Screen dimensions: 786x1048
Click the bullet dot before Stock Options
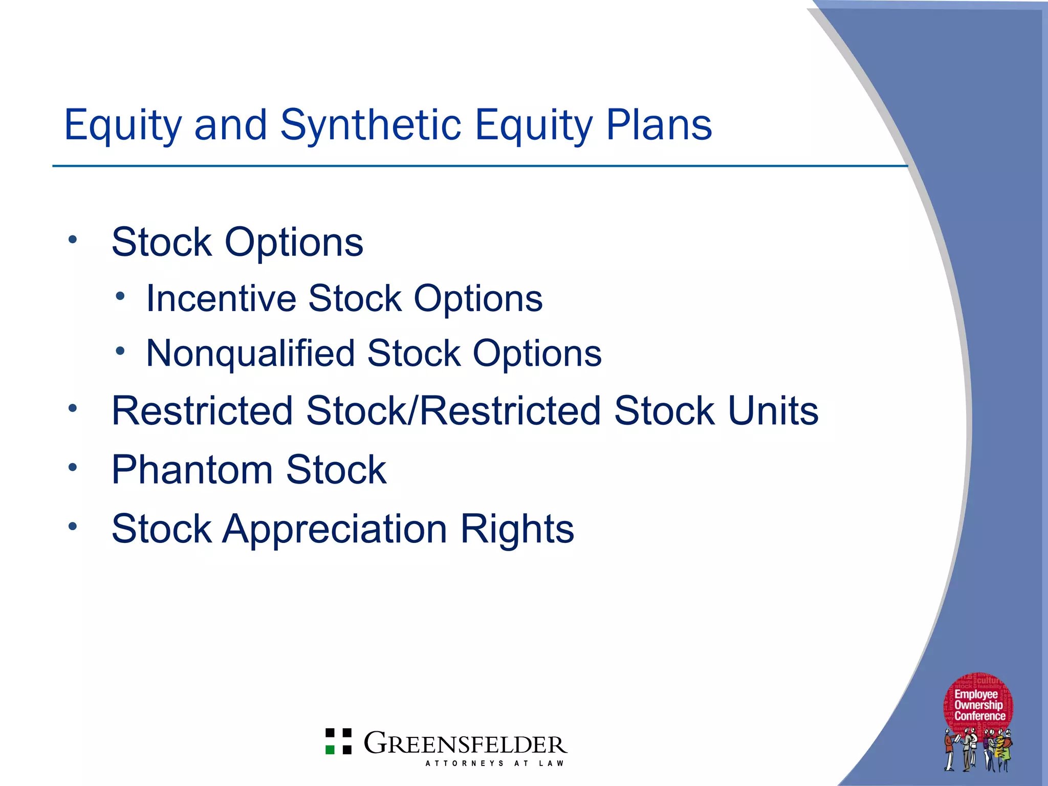pyautogui.click(x=73, y=239)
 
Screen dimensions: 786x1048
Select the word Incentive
pyautogui.click(x=221, y=298)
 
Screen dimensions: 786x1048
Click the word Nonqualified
pyautogui.click(x=251, y=354)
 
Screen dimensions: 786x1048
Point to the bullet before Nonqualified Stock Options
pyautogui.click(x=120, y=351)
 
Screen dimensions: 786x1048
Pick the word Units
pyautogui.click(x=773, y=411)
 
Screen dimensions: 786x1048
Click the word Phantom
pyautogui.click(x=192, y=470)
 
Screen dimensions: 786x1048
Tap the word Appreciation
pyautogui.click(x=335, y=529)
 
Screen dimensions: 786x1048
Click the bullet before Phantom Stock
pyautogui.click(x=73, y=467)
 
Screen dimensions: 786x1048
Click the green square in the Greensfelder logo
pyautogui.click(x=330, y=750)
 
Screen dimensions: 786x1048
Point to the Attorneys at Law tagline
pyautogui.click(x=494, y=763)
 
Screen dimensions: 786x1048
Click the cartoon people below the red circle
pyautogui.click(x=977, y=751)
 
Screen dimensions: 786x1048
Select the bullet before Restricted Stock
pyautogui.click(x=73, y=408)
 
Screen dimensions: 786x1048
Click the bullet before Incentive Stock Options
pyautogui.click(x=120, y=295)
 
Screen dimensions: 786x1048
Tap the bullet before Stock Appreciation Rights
pyautogui.click(x=73, y=526)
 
